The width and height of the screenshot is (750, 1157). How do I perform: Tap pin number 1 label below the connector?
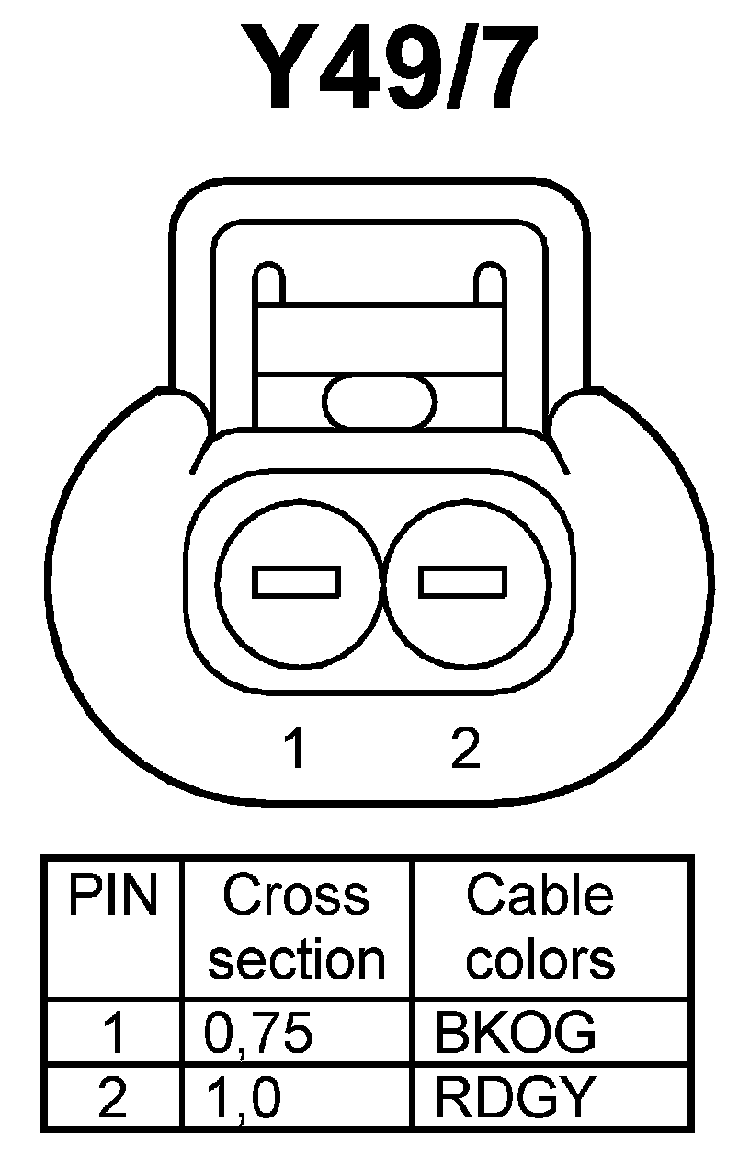294,749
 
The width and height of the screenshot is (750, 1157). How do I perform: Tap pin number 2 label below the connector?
466,749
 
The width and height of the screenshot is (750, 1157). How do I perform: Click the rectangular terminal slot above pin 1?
297,581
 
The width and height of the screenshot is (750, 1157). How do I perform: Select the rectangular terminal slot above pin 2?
463,581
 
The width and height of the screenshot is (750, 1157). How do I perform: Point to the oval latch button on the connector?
379,402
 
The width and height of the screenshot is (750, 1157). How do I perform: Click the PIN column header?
112,896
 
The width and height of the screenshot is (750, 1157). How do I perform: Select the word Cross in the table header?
296,896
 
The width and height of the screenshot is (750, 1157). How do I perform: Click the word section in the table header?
296,959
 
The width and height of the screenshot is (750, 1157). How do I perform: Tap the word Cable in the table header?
540,896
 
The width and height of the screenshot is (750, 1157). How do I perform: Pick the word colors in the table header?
540,959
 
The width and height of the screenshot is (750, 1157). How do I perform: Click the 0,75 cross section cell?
258,1034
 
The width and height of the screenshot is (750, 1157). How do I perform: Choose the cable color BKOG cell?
515,1034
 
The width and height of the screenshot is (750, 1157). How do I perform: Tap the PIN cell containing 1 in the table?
113,1034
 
